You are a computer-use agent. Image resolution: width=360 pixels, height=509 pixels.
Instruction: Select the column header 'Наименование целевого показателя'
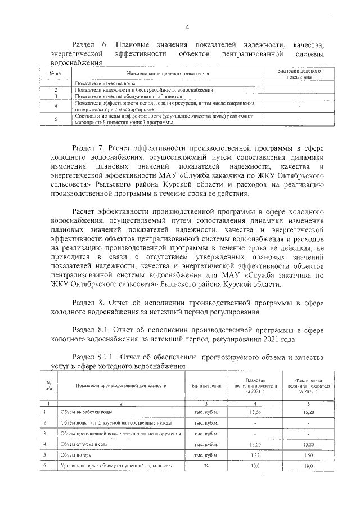point(168,74)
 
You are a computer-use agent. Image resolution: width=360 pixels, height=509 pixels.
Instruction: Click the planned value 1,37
point(255,455)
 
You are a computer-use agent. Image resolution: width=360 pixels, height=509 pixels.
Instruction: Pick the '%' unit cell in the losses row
point(206,466)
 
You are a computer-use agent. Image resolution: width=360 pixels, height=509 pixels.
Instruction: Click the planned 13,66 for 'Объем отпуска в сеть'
point(255,444)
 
